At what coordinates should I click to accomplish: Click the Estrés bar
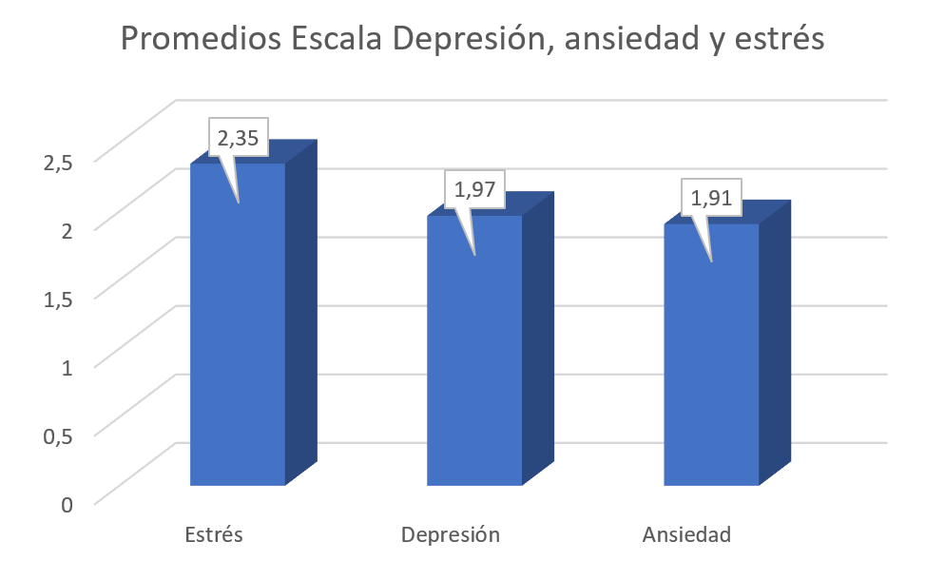click(238, 342)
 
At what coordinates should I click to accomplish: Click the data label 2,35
click(239, 139)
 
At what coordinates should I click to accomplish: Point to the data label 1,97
click(475, 190)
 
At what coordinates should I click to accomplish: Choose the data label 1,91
click(711, 198)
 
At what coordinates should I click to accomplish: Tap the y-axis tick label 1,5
click(58, 298)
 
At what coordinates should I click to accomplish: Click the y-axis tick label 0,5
click(58, 435)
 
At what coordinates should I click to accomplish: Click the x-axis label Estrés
click(214, 534)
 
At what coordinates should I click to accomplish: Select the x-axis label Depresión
click(451, 534)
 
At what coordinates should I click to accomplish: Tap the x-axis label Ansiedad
click(687, 534)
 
